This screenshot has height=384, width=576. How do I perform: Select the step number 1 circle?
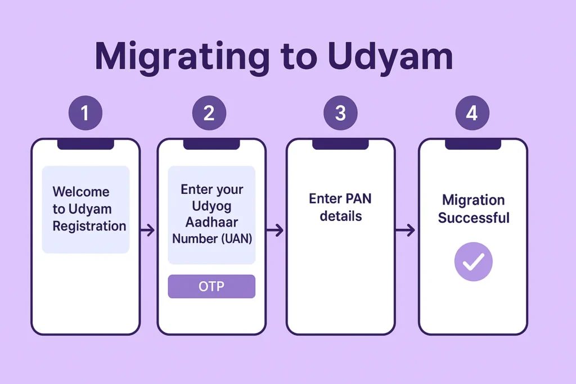coord(85,114)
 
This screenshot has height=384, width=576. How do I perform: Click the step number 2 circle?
coord(209,114)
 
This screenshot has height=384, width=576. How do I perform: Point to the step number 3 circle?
coord(340,114)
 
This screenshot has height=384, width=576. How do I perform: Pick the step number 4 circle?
coord(472,114)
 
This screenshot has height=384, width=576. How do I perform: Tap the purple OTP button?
coord(211,287)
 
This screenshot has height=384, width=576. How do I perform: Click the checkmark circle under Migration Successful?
coord(473,261)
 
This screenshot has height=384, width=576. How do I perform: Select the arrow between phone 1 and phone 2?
coord(147,230)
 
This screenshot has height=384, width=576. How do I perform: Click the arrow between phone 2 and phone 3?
coord(275,230)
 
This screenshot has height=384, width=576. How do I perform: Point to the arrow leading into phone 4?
coord(406,230)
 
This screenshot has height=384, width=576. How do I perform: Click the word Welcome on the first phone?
coord(81,192)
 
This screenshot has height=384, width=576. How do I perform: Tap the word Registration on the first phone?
coord(89,226)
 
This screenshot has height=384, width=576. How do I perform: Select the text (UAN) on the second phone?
coord(236,238)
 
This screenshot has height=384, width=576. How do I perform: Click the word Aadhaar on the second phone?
coord(211,222)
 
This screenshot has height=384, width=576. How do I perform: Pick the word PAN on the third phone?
coord(358,199)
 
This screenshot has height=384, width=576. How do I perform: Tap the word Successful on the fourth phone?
coord(474,218)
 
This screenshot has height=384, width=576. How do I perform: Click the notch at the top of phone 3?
coord(340,144)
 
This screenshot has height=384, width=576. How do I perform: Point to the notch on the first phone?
coord(85,144)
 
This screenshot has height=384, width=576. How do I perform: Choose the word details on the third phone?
coord(340,216)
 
